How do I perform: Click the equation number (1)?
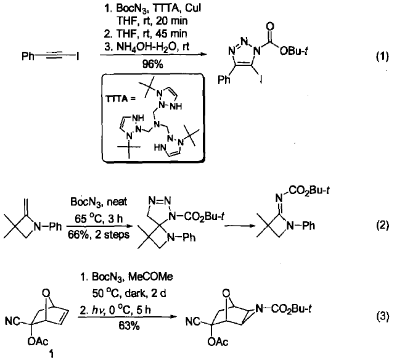pos(382,57)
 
